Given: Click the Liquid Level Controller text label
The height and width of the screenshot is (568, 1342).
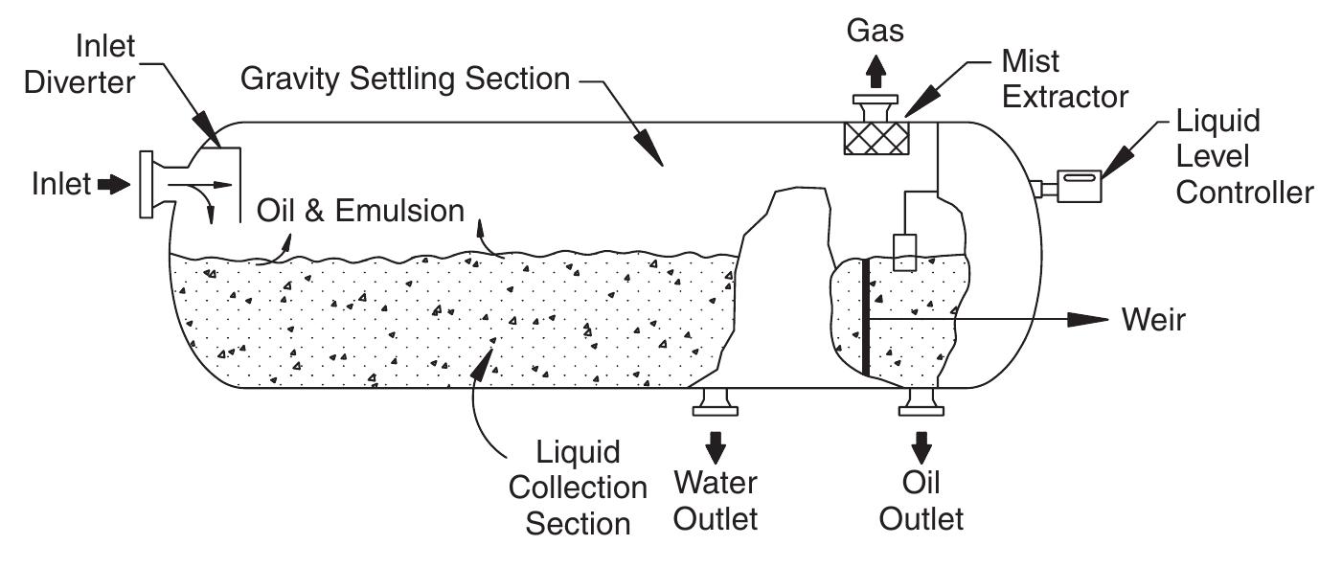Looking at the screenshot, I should [1243, 156].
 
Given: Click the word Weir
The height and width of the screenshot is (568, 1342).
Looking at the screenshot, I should [1153, 321].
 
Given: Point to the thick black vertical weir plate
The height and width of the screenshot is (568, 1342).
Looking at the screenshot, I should [865, 317].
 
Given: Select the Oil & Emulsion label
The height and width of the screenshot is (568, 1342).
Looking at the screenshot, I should [360, 211].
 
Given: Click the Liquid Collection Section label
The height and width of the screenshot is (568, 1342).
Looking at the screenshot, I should [578, 487].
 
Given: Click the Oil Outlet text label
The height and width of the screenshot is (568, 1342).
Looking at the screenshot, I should [921, 501].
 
